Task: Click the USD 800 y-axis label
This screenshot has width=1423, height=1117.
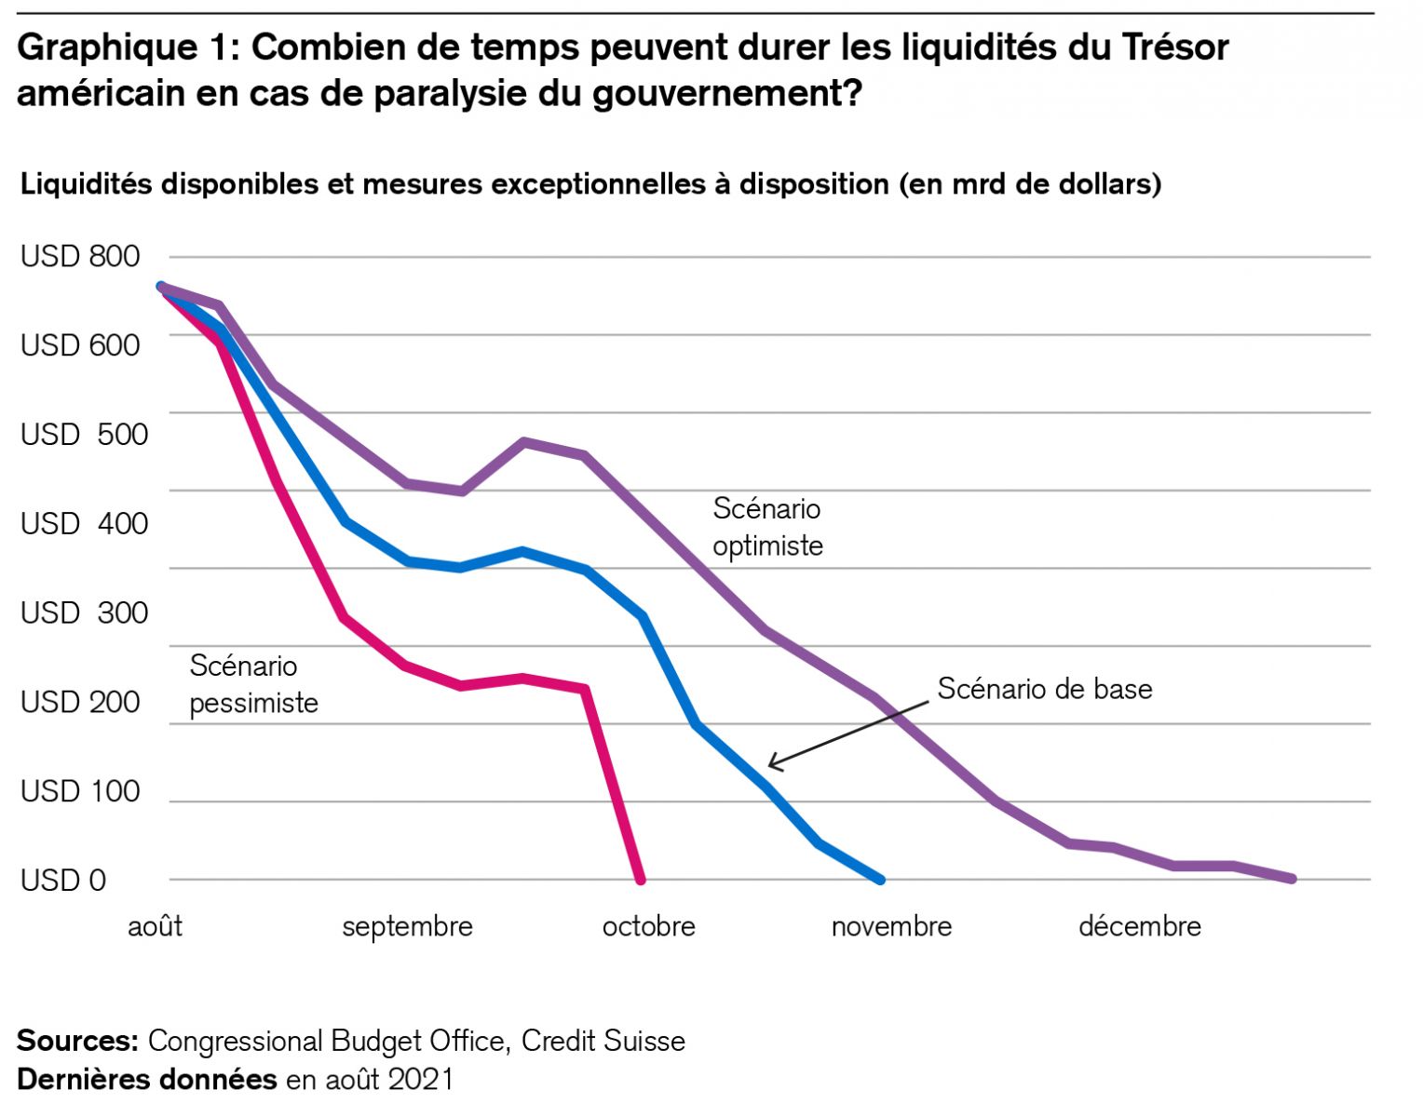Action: [80, 256]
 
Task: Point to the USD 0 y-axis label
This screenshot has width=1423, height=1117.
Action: [63, 880]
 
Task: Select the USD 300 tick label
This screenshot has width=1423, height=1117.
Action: [84, 612]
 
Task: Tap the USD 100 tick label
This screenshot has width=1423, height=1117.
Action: [80, 791]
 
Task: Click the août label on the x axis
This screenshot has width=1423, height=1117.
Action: [155, 927]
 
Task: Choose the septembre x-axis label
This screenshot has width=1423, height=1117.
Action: [407, 927]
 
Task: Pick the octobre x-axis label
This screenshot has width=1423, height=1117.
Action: [648, 927]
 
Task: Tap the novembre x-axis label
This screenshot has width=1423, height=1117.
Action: [891, 927]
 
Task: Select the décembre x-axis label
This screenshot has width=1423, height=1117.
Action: [1139, 927]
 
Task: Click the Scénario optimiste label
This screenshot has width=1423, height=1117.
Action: [767, 527]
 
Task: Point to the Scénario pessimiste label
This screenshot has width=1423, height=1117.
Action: [253, 684]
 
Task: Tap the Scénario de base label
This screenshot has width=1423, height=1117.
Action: [1044, 689]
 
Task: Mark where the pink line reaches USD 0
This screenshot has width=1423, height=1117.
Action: [640, 879]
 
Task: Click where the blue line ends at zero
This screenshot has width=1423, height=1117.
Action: [880, 879]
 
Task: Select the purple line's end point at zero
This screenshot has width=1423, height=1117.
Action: [1292, 878]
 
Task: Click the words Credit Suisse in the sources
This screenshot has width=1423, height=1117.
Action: [603, 1041]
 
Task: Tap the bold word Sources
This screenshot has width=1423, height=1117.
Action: [77, 1041]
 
